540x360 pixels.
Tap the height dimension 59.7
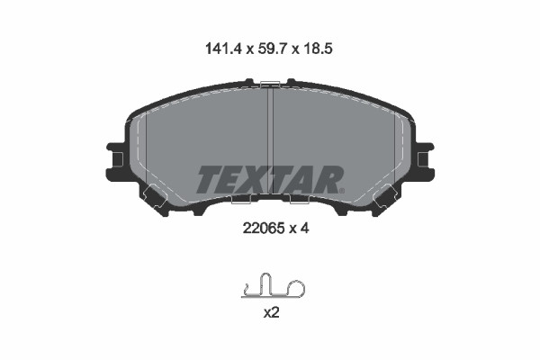point(271,49)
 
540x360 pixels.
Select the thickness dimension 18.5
point(318,49)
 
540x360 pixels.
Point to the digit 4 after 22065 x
point(305,228)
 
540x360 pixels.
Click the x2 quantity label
point(271,313)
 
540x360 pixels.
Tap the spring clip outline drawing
point(273,285)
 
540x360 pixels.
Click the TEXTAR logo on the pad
point(270,179)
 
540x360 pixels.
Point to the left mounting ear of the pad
point(115,159)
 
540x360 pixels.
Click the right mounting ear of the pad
point(425,159)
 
